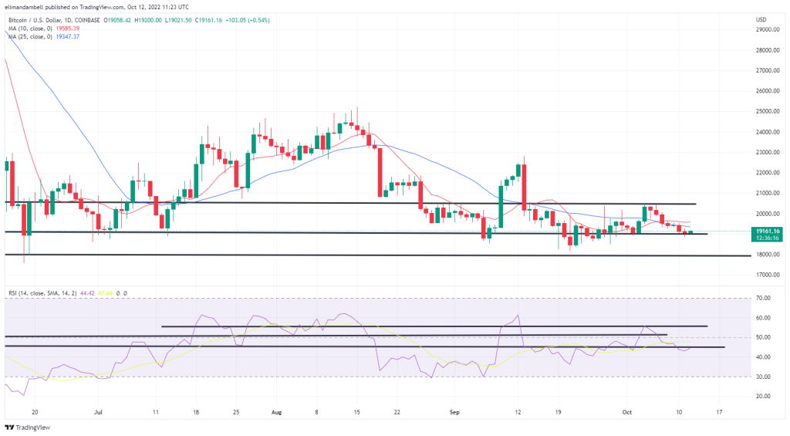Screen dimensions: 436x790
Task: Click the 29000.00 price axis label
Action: click(x=767, y=29)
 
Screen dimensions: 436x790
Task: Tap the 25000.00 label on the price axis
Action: click(x=767, y=111)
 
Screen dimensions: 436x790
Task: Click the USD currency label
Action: click(x=761, y=19)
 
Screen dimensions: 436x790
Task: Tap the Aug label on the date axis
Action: click(x=276, y=413)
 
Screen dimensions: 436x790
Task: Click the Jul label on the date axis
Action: click(x=98, y=413)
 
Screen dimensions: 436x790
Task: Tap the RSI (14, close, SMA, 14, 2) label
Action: click(x=46, y=292)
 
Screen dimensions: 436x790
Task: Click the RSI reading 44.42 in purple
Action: click(x=99, y=292)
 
